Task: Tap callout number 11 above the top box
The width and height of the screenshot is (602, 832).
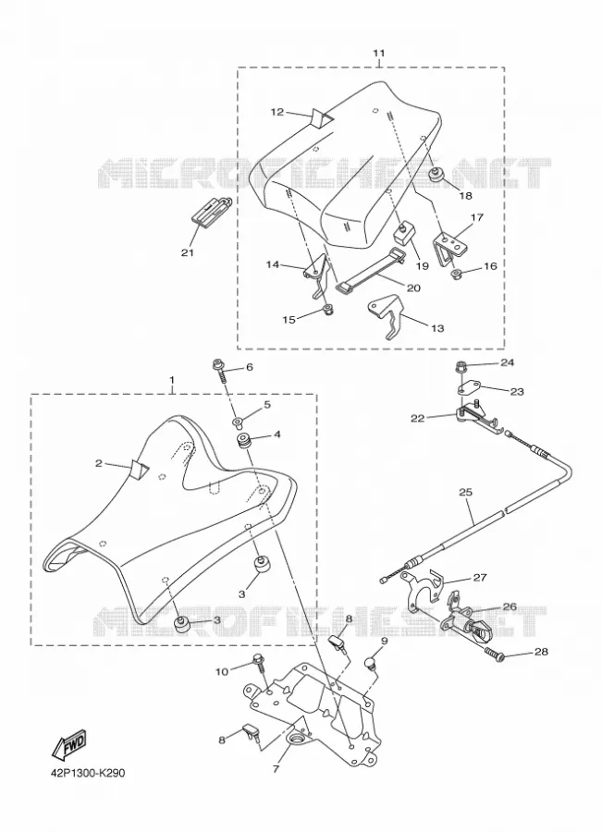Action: point(378,53)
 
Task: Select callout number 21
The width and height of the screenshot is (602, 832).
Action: point(187,252)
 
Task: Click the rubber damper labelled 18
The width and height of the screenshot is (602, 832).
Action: point(436,176)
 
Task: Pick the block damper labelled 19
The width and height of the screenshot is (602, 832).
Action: point(404,232)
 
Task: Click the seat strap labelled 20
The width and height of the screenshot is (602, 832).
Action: point(371,270)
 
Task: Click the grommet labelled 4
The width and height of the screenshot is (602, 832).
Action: point(245,441)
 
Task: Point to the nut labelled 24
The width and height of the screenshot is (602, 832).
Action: point(461,367)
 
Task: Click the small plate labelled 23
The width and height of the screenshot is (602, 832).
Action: point(468,387)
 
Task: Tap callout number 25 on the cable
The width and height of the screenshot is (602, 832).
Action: point(465,492)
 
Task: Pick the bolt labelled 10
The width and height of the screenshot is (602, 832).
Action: point(261,665)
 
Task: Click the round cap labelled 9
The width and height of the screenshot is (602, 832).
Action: point(369,664)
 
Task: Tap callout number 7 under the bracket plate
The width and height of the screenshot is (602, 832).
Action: point(276,769)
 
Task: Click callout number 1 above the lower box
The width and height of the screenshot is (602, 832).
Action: point(171,380)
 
